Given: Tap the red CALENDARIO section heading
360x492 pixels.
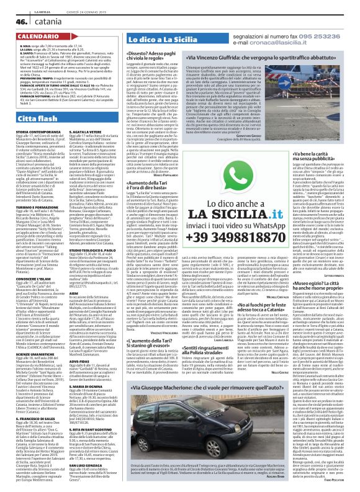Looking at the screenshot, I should click(30, 37).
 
